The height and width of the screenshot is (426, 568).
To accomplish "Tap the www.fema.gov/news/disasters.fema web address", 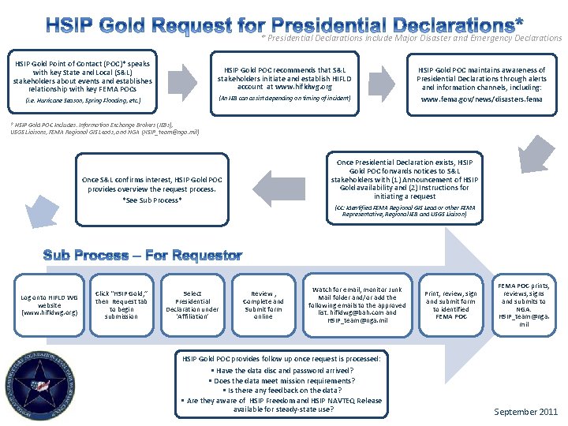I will (480, 100).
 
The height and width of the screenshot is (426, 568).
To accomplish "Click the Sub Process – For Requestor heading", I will (142, 255).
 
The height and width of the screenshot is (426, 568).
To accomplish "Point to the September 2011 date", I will (525, 411).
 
